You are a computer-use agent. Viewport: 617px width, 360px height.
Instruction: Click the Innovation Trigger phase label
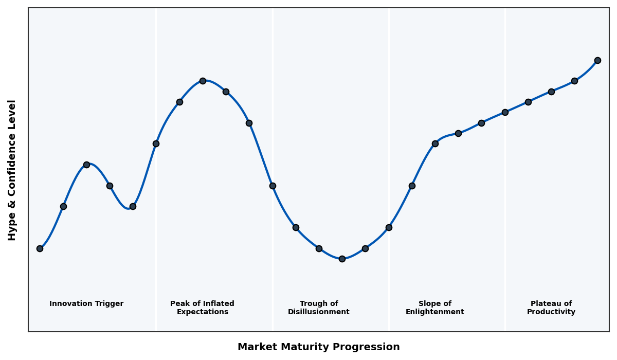(86, 304)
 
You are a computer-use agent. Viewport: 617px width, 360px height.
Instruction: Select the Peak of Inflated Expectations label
(202, 308)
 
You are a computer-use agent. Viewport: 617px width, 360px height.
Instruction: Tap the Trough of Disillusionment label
(318, 308)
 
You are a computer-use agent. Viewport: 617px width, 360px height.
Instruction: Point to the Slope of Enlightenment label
(434, 308)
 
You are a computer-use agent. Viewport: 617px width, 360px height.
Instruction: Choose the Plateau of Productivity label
(551, 308)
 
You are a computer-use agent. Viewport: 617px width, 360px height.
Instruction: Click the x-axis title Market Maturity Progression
(318, 347)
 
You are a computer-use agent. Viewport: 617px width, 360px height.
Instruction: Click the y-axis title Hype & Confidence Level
(12, 170)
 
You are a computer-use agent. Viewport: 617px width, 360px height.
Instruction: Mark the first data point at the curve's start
(40, 248)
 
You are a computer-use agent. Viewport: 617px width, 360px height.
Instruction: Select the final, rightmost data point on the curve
(597, 60)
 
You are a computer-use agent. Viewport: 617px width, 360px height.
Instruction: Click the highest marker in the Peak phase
(203, 81)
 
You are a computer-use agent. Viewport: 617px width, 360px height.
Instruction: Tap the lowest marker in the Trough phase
(342, 259)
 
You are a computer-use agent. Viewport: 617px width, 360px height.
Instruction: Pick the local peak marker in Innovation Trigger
(86, 165)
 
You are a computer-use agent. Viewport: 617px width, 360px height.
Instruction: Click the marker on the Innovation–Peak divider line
(156, 143)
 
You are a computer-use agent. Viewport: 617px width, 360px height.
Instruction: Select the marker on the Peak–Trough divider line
(273, 186)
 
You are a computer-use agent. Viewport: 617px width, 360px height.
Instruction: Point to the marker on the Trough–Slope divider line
(389, 227)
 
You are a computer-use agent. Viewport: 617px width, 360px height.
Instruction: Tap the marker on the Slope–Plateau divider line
(505, 112)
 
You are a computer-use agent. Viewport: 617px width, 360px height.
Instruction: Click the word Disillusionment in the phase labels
(318, 312)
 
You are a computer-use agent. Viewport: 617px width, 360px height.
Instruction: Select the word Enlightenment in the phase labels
(434, 312)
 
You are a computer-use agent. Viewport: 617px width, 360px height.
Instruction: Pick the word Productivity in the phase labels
(551, 312)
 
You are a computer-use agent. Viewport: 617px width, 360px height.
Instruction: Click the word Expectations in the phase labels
(202, 312)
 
